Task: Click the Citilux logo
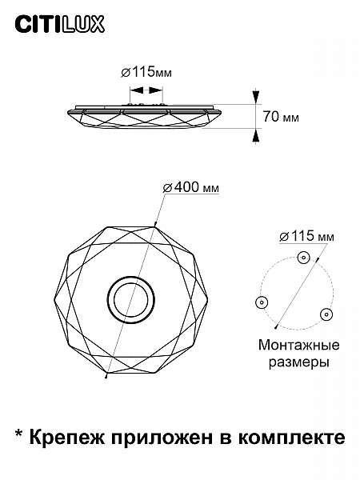[x=60, y=25]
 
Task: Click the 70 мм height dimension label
[x=281, y=117]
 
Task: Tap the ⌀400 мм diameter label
[x=191, y=187]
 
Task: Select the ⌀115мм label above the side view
[x=146, y=73]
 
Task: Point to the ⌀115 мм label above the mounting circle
[x=306, y=236]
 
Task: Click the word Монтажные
[x=299, y=345]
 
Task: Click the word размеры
[x=299, y=362]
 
